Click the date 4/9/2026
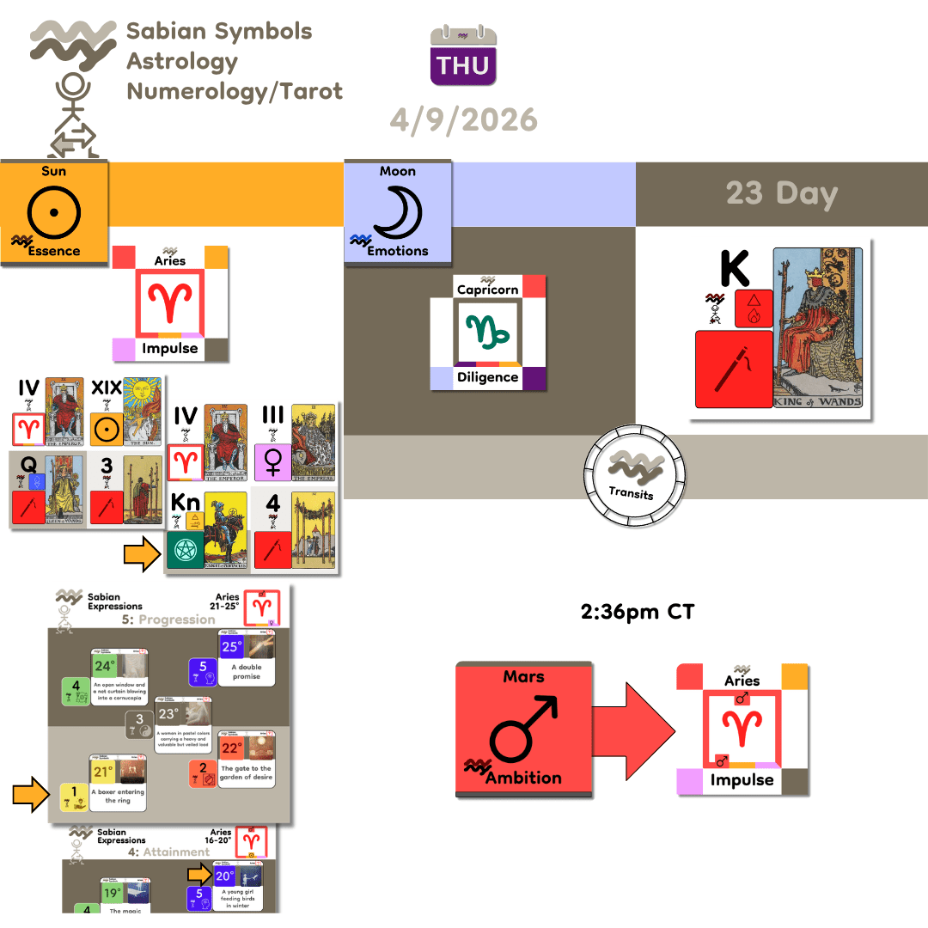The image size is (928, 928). [x=463, y=119]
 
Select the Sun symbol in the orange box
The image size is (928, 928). [x=53, y=209]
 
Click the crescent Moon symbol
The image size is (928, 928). [x=397, y=210]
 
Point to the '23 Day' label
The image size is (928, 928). [x=781, y=193]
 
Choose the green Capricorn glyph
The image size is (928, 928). [x=487, y=332]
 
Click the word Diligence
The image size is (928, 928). [x=487, y=377]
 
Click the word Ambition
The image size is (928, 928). [x=522, y=778]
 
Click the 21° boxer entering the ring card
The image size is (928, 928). [x=118, y=783]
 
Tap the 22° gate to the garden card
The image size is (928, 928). [x=246, y=760]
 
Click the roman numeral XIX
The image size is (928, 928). [x=106, y=388]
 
